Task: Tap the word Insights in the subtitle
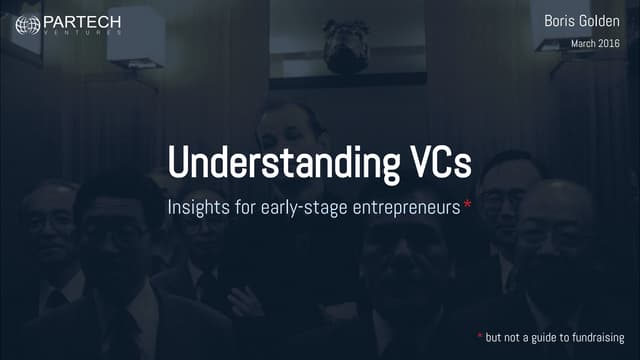coord(196,208)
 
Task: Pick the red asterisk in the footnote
coord(479,336)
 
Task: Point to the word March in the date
coord(586,44)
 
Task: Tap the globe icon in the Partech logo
coord(28,24)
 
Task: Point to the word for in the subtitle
coord(244,208)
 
